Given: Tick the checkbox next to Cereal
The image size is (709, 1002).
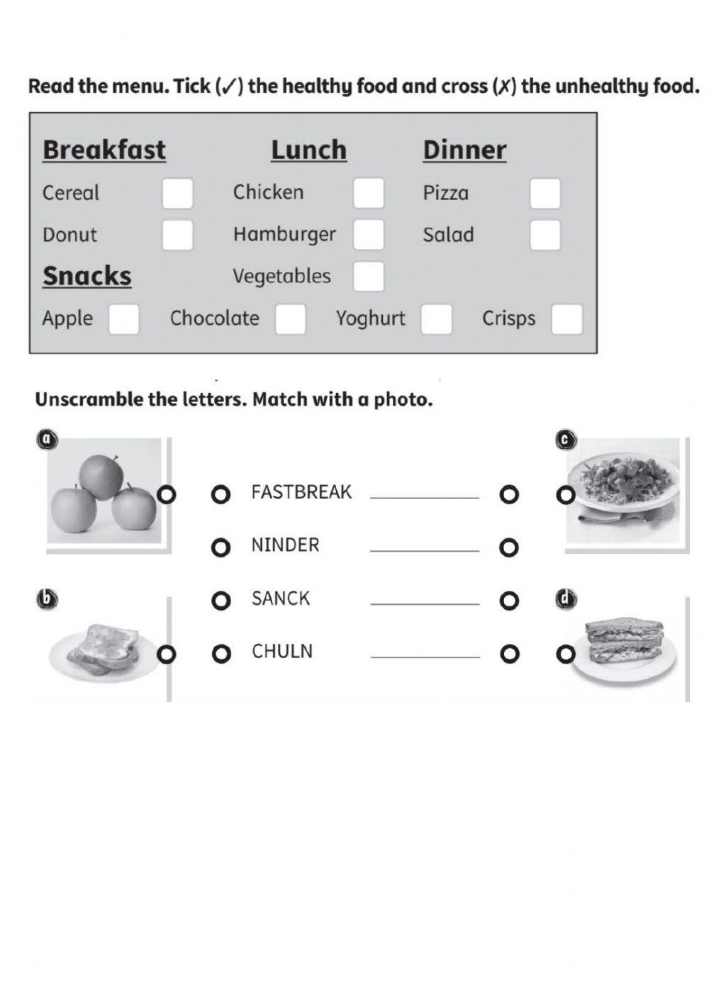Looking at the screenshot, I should [177, 193].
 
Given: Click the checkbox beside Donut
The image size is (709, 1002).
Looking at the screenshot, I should [177, 235].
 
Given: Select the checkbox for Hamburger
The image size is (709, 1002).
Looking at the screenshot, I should [369, 235].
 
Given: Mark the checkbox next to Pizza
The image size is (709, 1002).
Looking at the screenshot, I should [545, 193].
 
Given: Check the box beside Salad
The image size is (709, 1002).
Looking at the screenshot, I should [545, 235].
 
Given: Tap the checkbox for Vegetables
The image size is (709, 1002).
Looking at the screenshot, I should [369, 277].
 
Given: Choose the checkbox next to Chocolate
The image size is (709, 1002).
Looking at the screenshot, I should [291, 319].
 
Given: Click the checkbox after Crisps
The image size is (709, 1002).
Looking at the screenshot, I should [566, 319].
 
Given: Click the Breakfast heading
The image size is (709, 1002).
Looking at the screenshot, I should [104, 150].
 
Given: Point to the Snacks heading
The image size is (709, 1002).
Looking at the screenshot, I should [87, 276].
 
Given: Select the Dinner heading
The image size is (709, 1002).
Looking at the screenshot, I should [464, 150].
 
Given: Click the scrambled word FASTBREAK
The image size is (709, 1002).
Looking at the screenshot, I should [301, 492].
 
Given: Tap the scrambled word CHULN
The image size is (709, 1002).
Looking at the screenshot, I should [282, 652].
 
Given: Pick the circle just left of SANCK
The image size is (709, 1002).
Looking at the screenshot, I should [221, 601].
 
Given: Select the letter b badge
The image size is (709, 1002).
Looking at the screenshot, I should [47, 600].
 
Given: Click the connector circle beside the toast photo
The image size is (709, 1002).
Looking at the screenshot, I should [166, 654].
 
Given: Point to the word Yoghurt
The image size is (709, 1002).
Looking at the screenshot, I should [371, 318].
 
